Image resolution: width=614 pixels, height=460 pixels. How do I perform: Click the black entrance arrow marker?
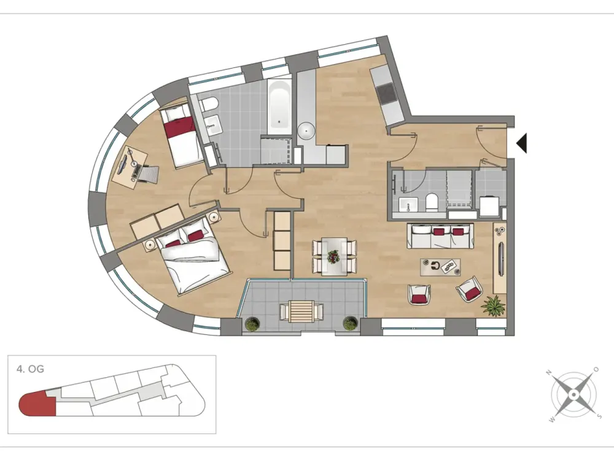click(523, 143)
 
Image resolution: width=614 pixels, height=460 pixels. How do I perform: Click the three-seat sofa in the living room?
click(440, 236)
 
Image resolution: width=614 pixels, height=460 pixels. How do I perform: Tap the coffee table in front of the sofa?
click(440, 267)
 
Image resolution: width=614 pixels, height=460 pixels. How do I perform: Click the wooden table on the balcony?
click(301, 311)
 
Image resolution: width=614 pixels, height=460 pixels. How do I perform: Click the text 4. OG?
click(30, 369)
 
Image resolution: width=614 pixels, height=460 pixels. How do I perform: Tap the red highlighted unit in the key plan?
click(37, 403)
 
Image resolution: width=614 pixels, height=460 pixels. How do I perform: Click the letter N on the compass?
click(549, 372)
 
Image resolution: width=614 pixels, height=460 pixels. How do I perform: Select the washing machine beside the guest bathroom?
click(489, 205)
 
